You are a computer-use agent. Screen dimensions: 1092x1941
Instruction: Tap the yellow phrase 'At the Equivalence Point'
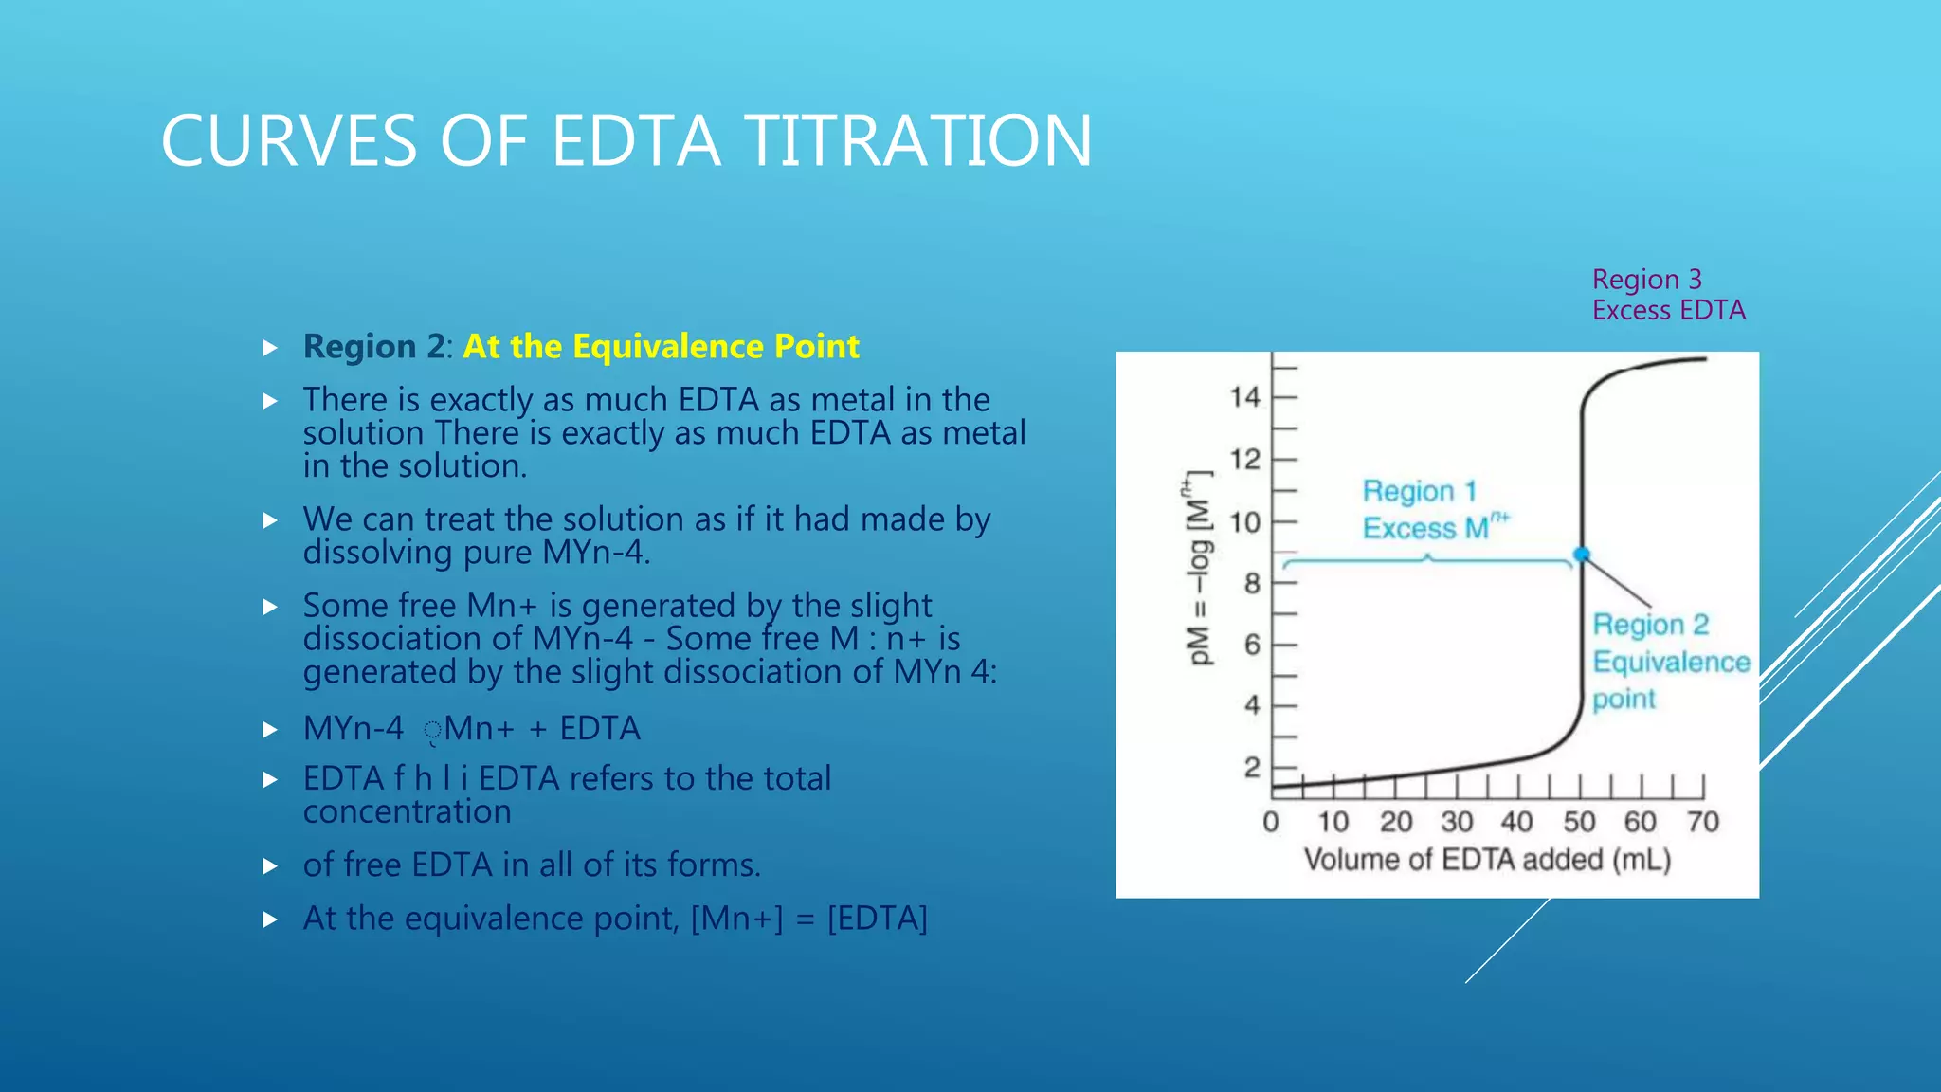(x=661, y=346)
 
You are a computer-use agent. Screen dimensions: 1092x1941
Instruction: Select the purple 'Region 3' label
(x=1646, y=280)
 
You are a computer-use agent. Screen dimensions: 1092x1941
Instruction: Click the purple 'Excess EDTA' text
(x=1668, y=310)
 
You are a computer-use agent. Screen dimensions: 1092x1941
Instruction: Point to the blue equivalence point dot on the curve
(x=1582, y=555)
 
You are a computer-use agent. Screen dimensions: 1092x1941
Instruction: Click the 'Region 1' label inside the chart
(x=1419, y=491)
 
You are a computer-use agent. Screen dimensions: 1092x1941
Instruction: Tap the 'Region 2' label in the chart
(x=1650, y=625)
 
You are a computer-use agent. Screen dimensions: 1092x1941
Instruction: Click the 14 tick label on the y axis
(x=1244, y=397)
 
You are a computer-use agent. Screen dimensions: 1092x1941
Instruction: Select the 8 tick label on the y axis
(x=1252, y=583)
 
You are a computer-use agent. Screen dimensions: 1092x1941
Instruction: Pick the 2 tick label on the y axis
(x=1252, y=767)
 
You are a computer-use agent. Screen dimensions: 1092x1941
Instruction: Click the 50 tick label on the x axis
(x=1579, y=822)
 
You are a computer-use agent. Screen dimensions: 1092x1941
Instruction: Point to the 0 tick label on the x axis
(x=1271, y=822)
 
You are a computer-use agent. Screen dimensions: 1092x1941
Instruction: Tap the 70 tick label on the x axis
(x=1702, y=822)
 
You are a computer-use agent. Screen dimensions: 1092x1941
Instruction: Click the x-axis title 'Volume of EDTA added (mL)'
(x=1487, y=860)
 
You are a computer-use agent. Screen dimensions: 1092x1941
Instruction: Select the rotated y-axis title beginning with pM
(x=1198, y=569)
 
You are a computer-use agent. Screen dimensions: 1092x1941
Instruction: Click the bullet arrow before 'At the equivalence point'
(x=270, y=919)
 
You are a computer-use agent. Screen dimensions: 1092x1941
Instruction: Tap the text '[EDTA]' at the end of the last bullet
(x=877, y=919)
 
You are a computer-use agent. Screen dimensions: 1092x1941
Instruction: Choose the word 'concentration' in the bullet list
(x=407, y=811)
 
